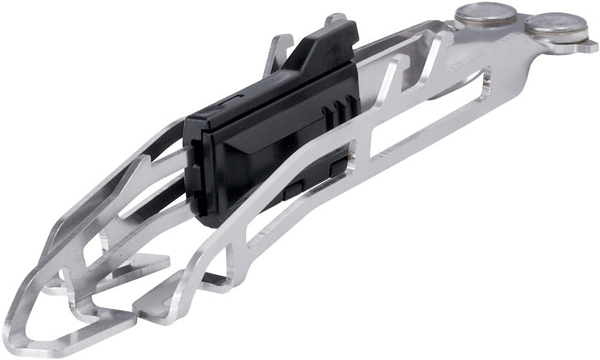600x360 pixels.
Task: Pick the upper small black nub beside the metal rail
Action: (337, 165)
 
